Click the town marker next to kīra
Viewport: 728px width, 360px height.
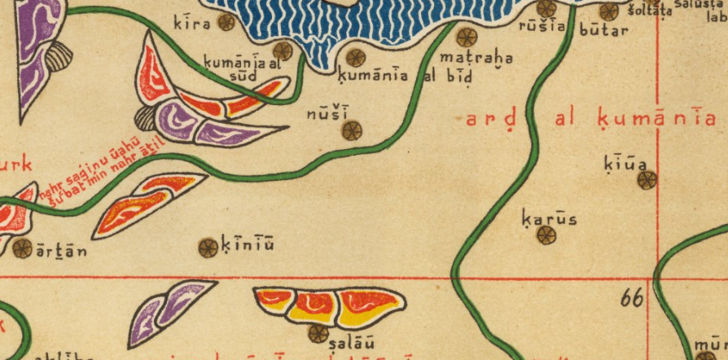(x=226, y=23)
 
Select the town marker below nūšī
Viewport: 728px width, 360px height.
(x=352, y=130)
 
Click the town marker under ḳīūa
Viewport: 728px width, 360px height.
(x=647, y=180)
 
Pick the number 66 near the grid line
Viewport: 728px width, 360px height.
(x=631, y=299)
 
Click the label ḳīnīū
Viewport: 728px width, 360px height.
(x=248, y=244)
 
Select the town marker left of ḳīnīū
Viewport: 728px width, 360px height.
(x=208, y=247)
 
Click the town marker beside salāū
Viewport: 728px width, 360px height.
(x=318, y=333)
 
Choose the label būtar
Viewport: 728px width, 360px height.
(x=603, y=30)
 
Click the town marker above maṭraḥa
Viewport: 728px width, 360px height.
(x=466, y=37)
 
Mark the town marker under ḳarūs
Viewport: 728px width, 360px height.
(x=546, y=235)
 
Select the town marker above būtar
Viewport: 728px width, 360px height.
(x=608, y=11)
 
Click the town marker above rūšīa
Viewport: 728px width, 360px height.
(x=546, y=8)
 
